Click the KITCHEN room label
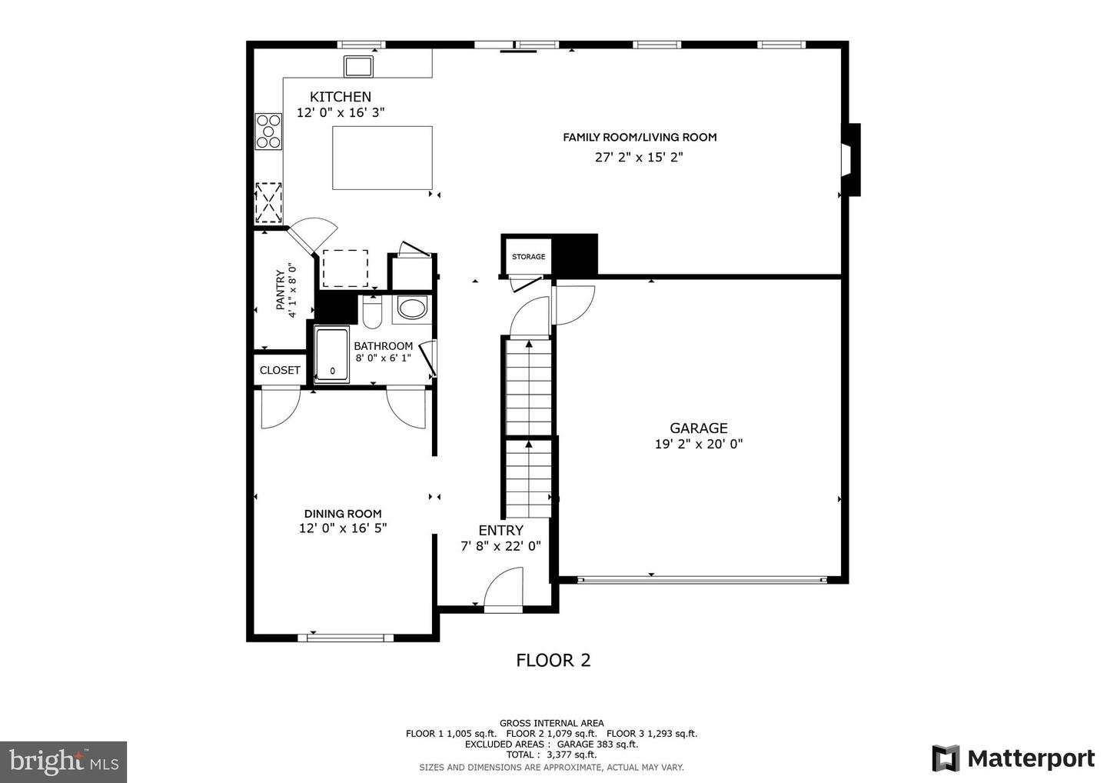(340, 97)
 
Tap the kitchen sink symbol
(359, 66)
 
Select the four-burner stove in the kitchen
(269, 131)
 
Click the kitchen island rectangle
(382, 158)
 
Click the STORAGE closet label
(528, 257)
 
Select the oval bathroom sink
(412, 309)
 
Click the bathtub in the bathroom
(332, 355)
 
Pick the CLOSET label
(280, 370)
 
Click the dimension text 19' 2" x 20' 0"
(698, 444)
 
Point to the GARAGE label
(698, 428)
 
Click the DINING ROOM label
(343, 514)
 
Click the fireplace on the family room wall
(851, 160)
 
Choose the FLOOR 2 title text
(553, 660)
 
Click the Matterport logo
(1013, 758)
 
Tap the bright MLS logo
(63, 761)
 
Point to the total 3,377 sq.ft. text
(551, 755)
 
